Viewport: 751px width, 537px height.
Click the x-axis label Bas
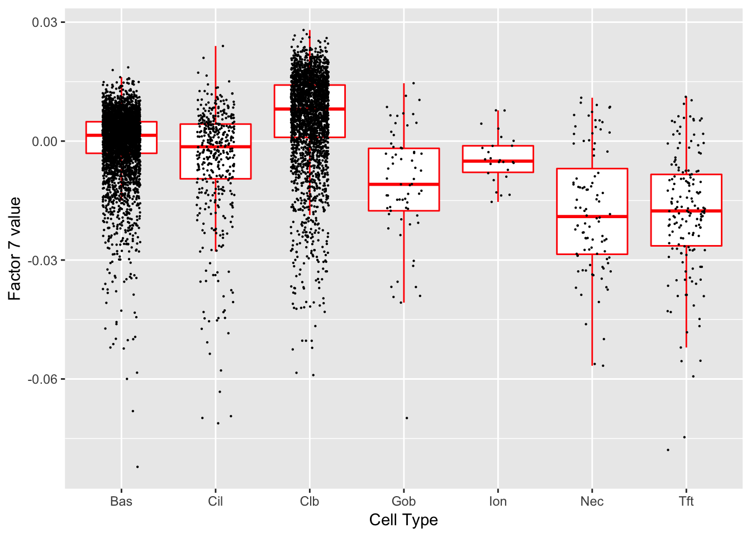[121, 501]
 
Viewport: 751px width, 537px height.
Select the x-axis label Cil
[215, 501]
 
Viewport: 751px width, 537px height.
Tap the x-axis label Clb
[310, 501]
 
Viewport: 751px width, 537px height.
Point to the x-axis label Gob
[403, 501]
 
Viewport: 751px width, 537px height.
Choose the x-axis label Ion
[498, 501]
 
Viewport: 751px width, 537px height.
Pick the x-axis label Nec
[592, 501]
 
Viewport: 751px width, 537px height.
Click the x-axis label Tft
[686, 501]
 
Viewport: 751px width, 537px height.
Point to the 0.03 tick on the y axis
[45, 22]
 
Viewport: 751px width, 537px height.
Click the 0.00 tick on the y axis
[45, 142]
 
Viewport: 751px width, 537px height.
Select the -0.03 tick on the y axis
[43, 260]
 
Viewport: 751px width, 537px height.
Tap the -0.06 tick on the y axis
[43, 379]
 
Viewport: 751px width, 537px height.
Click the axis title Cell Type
[403, 520]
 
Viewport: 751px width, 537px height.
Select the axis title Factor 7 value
[15, 248]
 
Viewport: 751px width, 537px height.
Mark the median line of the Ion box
[498, 161]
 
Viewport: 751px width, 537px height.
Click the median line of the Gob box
[403, 184]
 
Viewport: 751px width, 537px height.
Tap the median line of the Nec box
[592, 216]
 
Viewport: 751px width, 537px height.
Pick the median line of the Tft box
[686, 211]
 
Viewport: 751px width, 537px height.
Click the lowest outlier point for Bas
[137, 467]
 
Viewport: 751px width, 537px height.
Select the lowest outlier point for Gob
[407, 418]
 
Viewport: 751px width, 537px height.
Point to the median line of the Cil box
[215, 147]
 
